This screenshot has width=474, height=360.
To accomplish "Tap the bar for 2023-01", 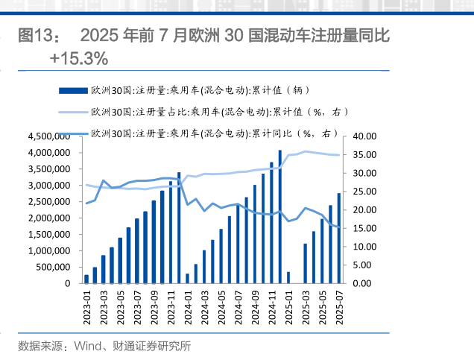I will (x=86, y=279).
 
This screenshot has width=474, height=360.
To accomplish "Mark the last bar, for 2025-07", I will (x=339, y=238).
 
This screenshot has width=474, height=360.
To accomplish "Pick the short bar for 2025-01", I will (x=288, y=277).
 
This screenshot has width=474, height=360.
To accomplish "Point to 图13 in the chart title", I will (x=35, y=36).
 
